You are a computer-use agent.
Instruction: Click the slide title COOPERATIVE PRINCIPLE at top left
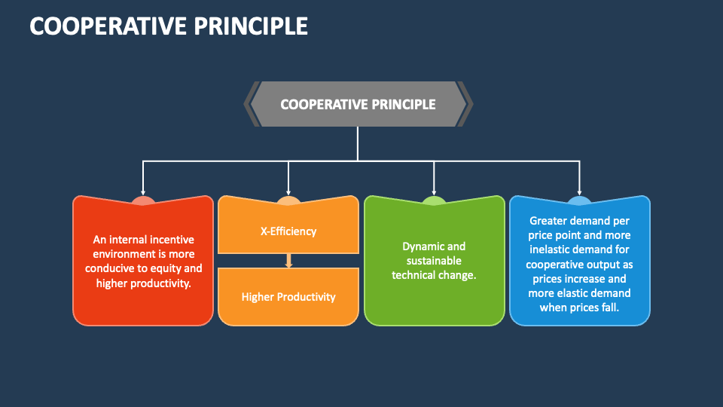pyautogui.click(x=169, y=26)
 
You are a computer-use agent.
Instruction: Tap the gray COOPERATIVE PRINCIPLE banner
pyautogui.click(x=358, y=104)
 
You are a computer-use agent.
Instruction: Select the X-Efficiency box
pyautogui.click(x=288, y=226)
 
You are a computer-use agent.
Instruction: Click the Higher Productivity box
pyautogui.click(x=288, y=297)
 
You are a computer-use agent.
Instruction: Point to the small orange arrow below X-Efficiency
pyautogui.click(x=288, y=261)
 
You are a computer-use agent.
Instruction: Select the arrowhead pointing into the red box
pyautogui.click(x=143, y=193)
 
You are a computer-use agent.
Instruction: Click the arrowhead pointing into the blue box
pyautogui.click(x=579, y=193)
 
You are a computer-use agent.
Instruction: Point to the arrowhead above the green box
pyautogui.click(x=434, y=193)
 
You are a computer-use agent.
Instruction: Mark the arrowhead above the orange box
pyautogui.click(x=288, y=193)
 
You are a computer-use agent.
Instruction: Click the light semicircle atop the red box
pyautogui.click(x=143, y=200)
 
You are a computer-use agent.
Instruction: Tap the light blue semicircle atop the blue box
pyautogui.click(x=580, y=200)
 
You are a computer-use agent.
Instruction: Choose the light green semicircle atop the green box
pyautogui.click(x=434, y=200)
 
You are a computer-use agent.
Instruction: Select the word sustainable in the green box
pyautogui.click(x=434, y=261)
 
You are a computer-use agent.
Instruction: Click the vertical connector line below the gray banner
pyautogui.click(x=358, y=143)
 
